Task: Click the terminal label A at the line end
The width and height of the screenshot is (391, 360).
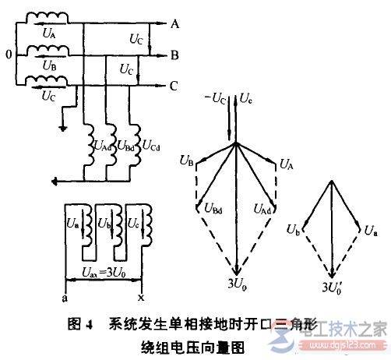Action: [x=175, y=23]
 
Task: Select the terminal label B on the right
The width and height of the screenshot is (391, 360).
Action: [x=175, y=56]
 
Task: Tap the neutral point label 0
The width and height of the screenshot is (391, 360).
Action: [x=7, y=56]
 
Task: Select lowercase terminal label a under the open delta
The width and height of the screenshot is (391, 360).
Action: [x=62, y=298]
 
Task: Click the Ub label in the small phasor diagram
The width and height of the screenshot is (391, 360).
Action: [x=293, y=231]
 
